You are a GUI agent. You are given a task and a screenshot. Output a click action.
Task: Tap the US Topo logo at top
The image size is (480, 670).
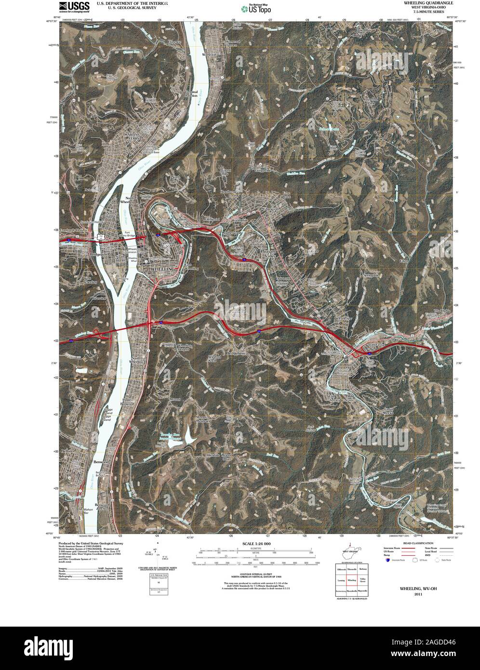pyautogui.click(x=256, y=8)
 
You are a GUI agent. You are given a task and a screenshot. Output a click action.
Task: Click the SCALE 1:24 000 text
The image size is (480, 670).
pyautogui.click(x=254, y=544)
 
